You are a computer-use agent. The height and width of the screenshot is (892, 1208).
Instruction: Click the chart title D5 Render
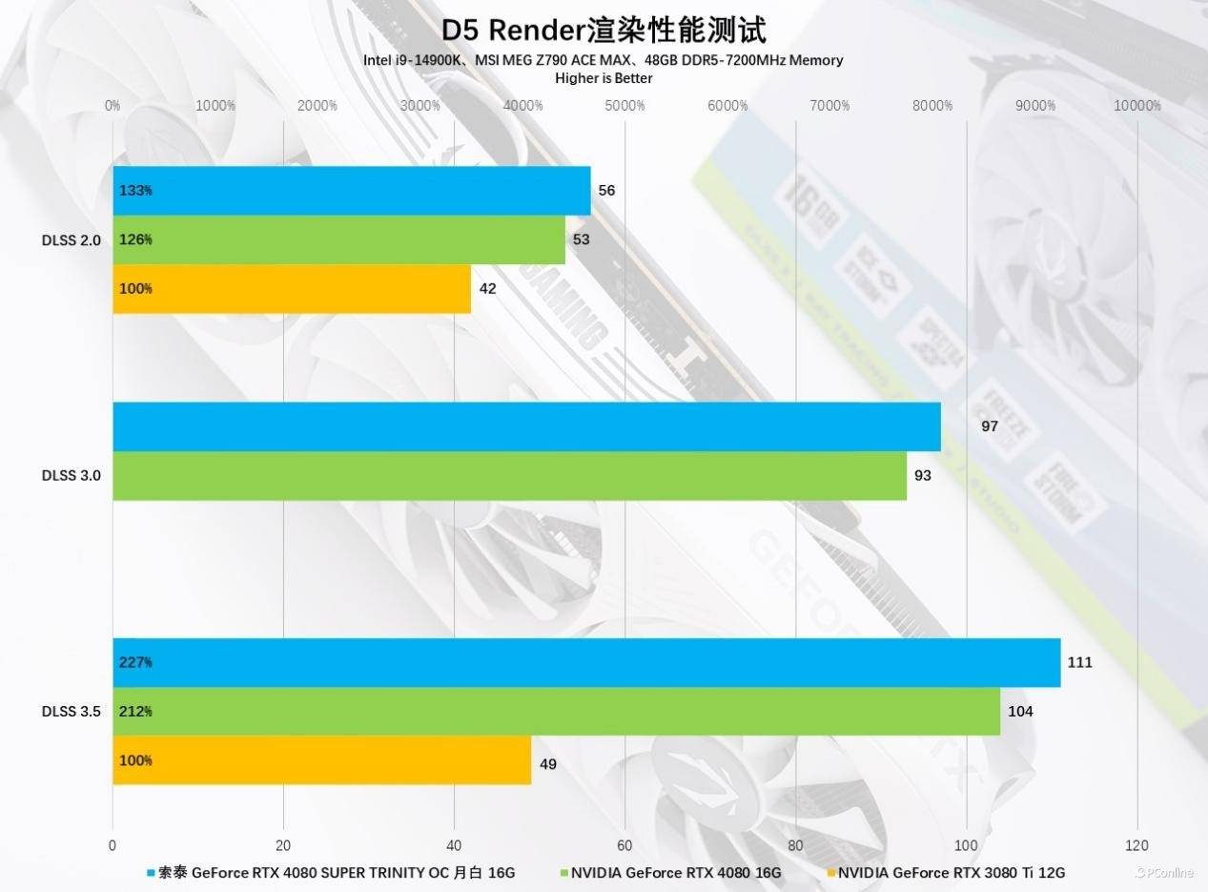[x=604, y=31]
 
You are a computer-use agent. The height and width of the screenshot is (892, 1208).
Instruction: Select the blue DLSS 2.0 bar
[x=351, y=191]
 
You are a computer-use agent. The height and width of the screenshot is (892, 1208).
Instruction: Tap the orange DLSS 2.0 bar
[x=291, y=288]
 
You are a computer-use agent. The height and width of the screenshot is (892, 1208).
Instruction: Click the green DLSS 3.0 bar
[x=509, y=475]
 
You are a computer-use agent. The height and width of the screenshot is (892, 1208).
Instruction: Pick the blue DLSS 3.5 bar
[x=586, y=662]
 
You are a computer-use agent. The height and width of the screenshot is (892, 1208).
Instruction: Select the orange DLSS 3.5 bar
[x=321, y=760]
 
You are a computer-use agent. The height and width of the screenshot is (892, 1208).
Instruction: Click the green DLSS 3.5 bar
[x=556, y=711]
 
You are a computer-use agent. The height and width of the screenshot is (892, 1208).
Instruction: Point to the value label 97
[x=989, y=425]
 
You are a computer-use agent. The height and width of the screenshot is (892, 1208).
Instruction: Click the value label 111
[x=1079, y=662]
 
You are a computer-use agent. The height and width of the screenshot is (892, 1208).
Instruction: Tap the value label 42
[x=487, y=288]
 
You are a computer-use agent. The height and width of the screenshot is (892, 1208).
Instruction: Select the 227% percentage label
[x=135, y=662]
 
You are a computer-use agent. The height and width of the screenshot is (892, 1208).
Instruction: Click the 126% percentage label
[x=135, y=239]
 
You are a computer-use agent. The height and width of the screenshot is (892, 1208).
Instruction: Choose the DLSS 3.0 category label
[x=71, y=475]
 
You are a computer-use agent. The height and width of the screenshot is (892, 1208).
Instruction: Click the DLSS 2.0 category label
[x=71, y=239]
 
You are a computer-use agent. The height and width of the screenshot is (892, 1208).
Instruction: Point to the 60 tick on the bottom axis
[x=624, y=845]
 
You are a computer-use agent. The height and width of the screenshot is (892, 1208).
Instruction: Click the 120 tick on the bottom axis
[x=1136, y=845]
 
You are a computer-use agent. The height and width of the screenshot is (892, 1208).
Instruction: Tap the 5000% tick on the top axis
[x=624, y=106]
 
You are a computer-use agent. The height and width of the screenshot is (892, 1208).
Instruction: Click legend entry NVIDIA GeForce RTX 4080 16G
[x=675, y=873]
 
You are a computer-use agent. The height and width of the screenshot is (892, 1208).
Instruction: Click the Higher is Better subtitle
[x=604, y=78]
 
